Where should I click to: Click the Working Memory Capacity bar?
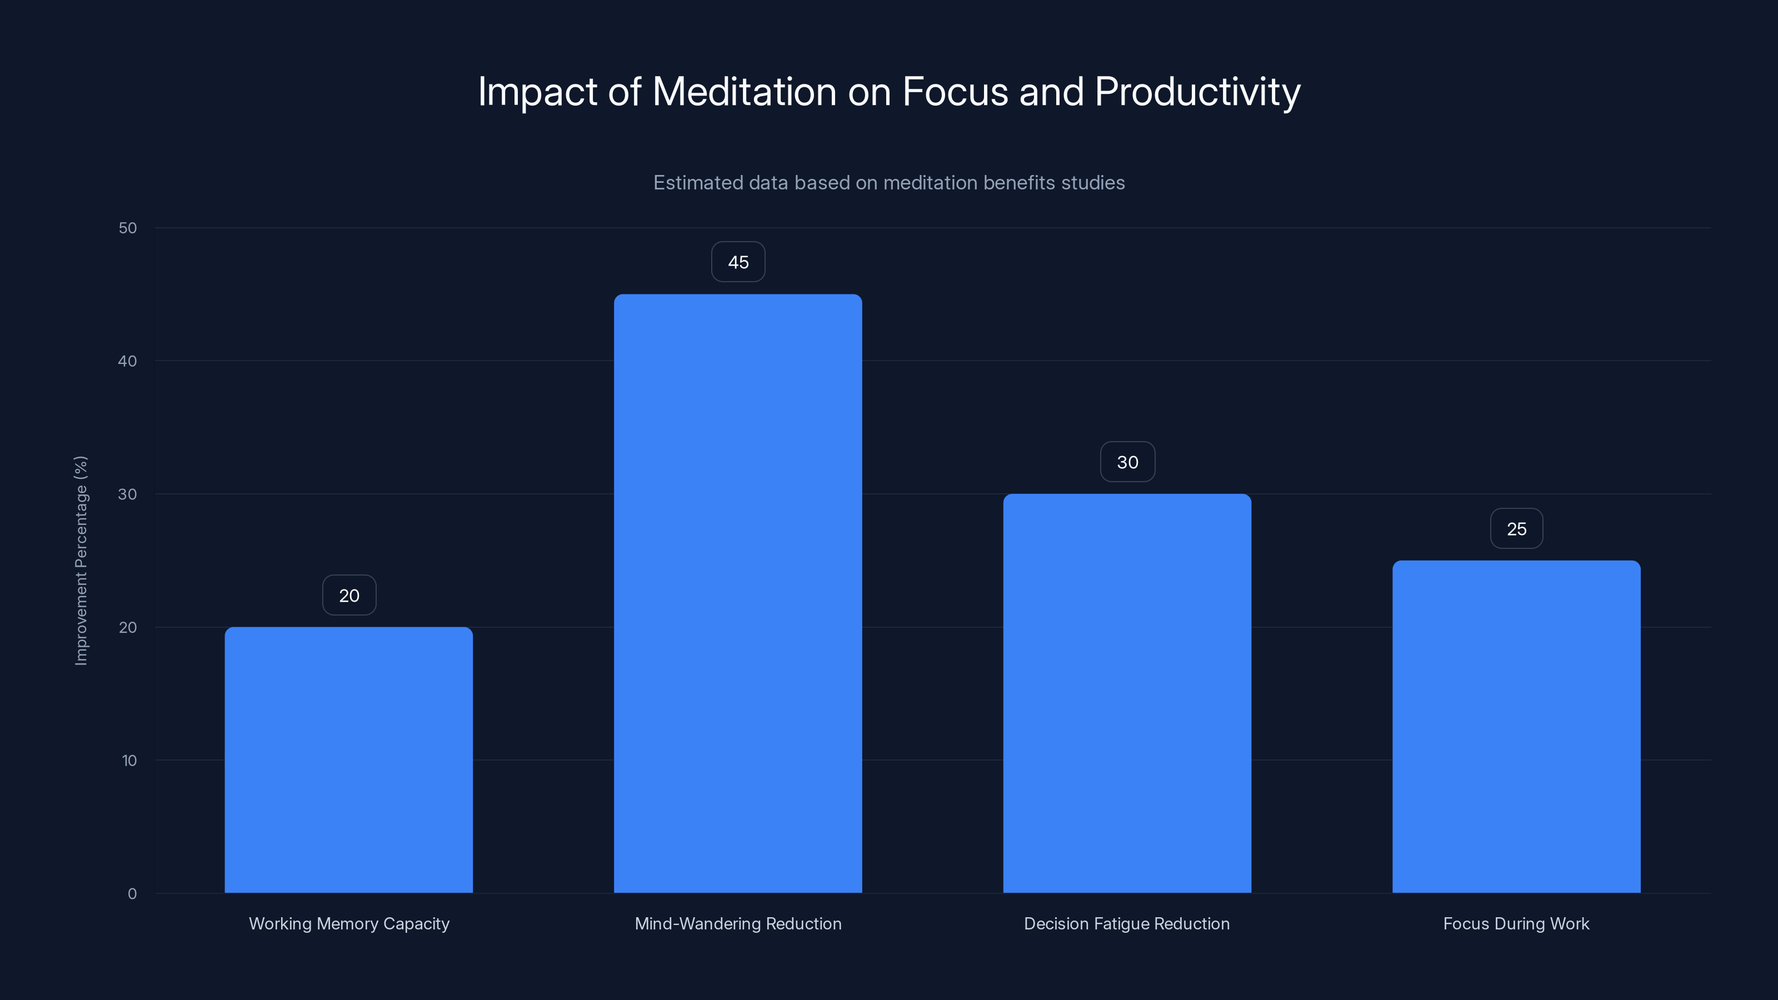348,759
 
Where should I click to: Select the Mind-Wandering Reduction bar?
738,593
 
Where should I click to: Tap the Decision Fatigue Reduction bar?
1126,693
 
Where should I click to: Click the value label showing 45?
738,262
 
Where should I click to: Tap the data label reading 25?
1516,529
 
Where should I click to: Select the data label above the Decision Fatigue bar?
1127,462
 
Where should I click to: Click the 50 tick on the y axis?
128,228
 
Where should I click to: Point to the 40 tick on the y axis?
128,361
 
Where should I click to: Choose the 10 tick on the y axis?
129,761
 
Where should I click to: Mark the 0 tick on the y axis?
132,894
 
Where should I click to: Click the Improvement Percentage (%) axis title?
81,561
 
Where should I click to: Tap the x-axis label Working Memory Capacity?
348,923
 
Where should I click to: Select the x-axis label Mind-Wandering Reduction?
738,923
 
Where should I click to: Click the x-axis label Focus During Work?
1516,923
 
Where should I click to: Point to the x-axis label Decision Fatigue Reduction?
1126,923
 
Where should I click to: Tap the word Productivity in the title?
1197,92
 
